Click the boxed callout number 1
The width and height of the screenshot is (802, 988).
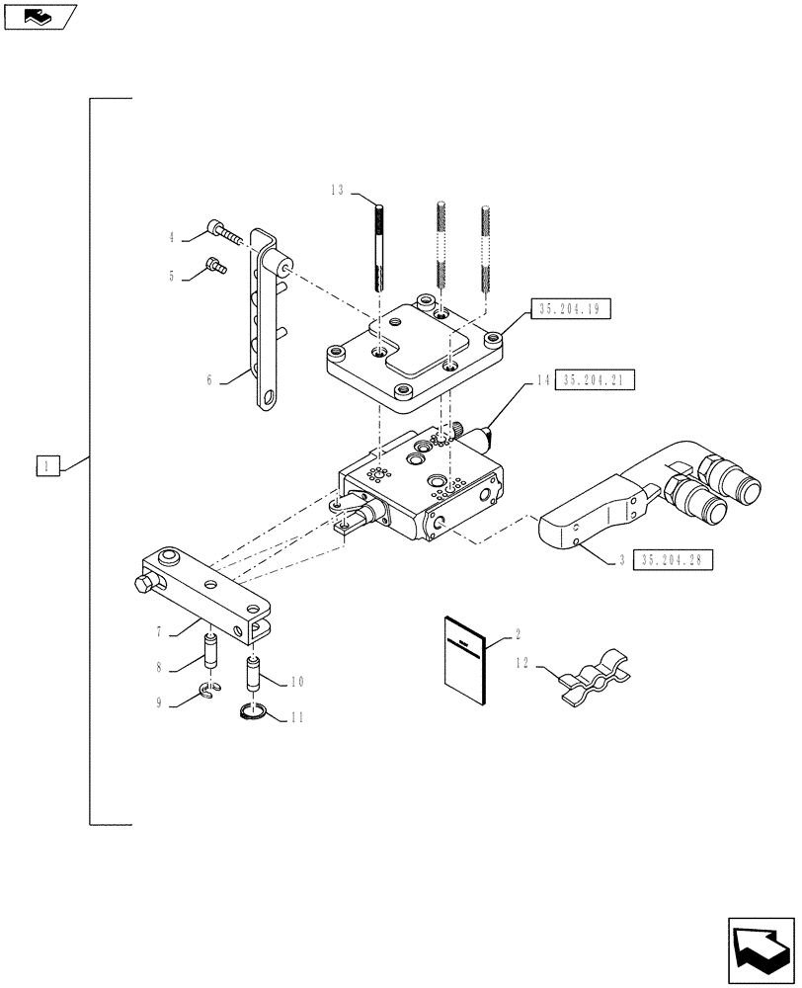pyautogui.click(x=49, y=464)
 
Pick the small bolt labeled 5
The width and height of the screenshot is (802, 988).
pyautogui.click(x=214, y=265)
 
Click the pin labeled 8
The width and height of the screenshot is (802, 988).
pyautogui.click(x=209, y=652)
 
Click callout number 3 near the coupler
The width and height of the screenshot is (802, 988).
pyautogui.click(x=620, y=560)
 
